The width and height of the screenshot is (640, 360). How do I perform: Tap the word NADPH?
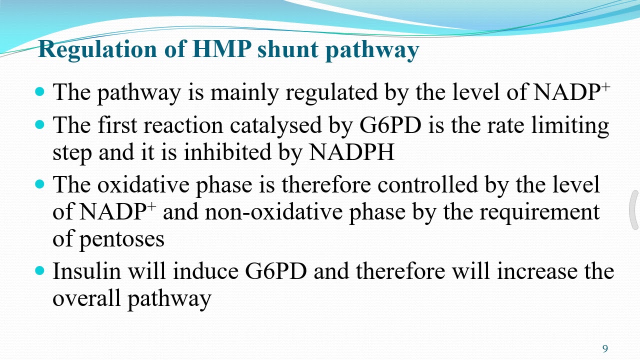pos(352,152)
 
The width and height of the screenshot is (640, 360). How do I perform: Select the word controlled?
pos(427,184)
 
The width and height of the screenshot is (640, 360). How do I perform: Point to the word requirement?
pos(539,211)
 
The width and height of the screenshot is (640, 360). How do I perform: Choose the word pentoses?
pos(121,239)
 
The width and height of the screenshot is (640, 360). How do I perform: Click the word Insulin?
pos(86,271)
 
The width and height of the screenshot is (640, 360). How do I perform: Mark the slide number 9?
pos(605,348)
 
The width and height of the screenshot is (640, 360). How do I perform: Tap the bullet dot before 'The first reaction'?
pos(40,125)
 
